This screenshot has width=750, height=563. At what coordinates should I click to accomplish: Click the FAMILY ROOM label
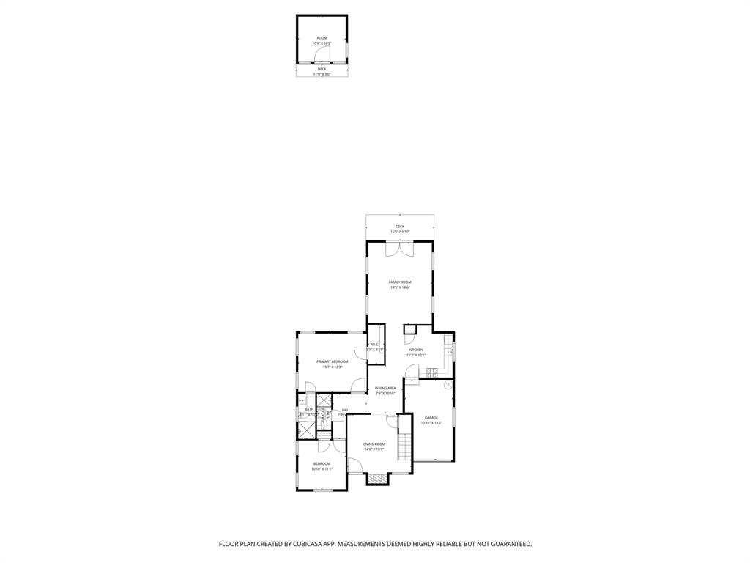coord(400,282)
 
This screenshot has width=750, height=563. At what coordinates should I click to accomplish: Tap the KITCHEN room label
coord(416,350)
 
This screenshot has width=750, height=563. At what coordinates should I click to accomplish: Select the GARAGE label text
coord(431,418)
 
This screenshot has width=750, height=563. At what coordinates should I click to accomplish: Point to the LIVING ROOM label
coord(374,444)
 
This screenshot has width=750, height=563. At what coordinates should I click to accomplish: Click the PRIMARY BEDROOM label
coord(332,361)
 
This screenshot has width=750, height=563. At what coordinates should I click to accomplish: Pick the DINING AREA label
coord(385,388)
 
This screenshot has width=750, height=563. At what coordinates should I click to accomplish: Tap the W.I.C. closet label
coord(374,345)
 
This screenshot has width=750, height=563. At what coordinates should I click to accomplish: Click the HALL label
coord(346,410)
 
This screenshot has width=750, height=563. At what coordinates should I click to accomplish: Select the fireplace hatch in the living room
coord(377,479)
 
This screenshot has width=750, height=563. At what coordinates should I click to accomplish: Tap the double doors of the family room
coord(400,249)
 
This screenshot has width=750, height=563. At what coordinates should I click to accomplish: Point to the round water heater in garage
coord(448,384)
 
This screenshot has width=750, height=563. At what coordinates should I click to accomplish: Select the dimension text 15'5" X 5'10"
coord(400,232)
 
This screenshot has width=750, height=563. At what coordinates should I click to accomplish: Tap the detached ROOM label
coord(322,38)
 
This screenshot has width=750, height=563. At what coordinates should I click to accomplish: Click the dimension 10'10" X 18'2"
coord(431,423)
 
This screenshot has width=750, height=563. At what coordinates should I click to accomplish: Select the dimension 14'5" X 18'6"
coord(400,287)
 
